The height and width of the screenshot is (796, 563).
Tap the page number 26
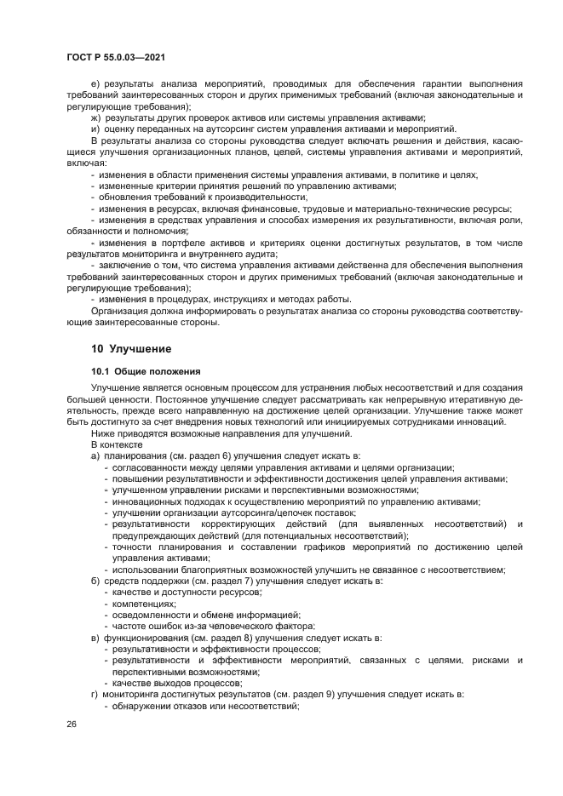click(71, 724)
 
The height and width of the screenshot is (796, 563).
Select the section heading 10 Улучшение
click(131, 348)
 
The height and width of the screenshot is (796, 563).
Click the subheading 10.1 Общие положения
click(145, 371)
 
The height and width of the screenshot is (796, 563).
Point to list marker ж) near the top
click(95, 117)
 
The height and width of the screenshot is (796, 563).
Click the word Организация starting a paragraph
click(121, 311)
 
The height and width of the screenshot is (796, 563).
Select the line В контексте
click(112, 445)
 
